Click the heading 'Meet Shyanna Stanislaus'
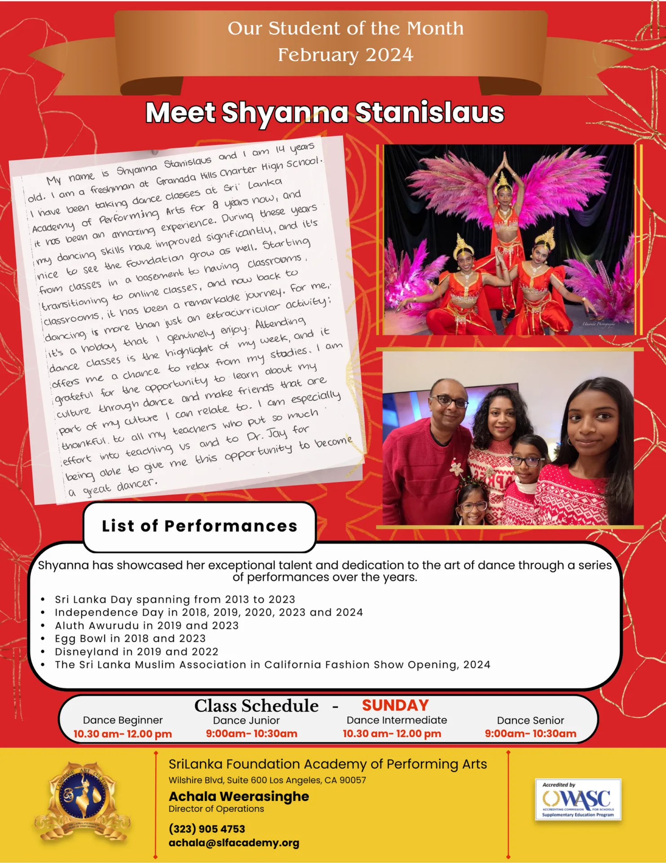(324, 112)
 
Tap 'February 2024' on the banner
(345, 55)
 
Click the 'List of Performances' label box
(199, 526)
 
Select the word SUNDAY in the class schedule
(395, 705)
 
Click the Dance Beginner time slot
(123, 734)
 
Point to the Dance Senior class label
(530, 721)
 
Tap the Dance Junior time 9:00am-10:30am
(251, 734)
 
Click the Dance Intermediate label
(397, 720)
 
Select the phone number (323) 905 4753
(207, 829)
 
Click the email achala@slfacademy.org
(234, 843)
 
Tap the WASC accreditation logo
(578, 800)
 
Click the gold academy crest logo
(83, 800)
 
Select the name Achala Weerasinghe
(239, 796)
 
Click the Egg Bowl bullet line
(130, 638)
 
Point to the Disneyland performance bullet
(137, 651)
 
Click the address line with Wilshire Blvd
(267, 780)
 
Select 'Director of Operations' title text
(216, 809)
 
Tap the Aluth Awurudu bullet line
(146, 625)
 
